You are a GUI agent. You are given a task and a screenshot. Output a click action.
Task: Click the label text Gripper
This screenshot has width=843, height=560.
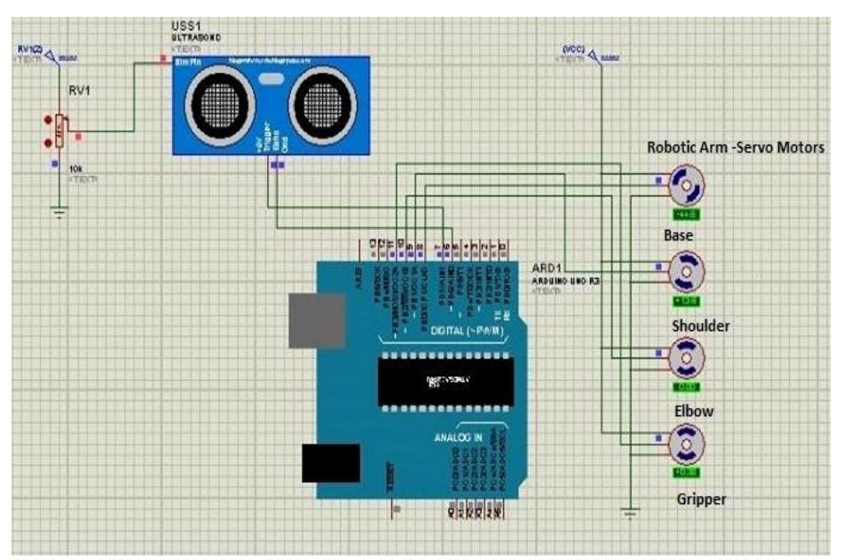coord(699,500)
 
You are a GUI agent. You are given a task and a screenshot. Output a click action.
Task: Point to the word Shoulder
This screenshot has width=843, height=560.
coord(700,327)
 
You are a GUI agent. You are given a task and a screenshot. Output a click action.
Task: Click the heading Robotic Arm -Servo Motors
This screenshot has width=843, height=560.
coord(736,147)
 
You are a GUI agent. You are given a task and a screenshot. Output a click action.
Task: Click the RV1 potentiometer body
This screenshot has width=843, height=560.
coord(59,132)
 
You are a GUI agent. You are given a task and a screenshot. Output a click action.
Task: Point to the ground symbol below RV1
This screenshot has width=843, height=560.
coord(59,211)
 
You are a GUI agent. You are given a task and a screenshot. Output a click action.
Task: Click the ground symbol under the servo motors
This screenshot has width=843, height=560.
coord(630,512)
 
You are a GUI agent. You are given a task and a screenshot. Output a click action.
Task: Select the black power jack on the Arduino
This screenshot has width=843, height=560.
coord(330,462)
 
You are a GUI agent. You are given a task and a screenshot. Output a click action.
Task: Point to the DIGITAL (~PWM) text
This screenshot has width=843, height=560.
coord(465,331)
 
